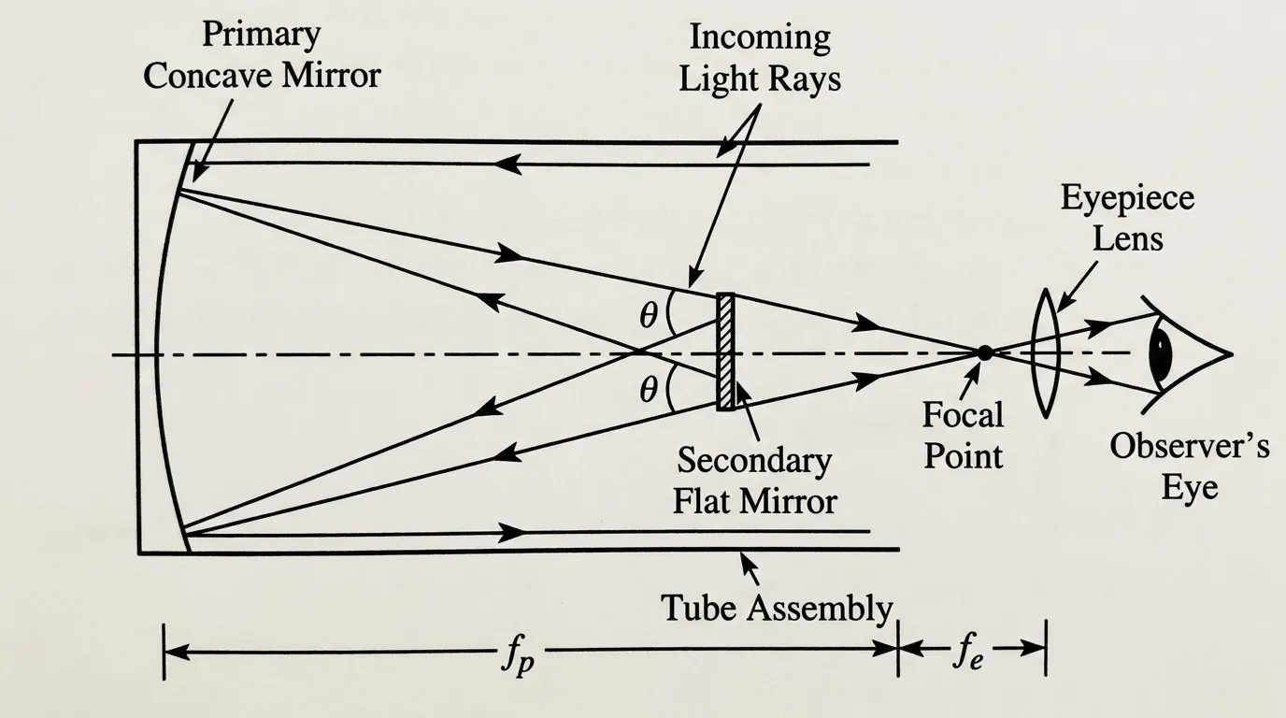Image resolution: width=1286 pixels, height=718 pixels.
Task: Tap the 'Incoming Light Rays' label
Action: pos(759,58)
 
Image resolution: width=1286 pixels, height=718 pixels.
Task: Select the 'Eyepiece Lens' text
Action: pos(1126,218)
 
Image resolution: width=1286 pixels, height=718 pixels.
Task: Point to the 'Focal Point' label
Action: pos(963,435)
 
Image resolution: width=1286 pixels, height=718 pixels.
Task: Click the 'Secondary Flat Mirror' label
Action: pos(755,481)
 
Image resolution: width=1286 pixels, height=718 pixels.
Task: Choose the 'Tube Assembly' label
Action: pos(777,608)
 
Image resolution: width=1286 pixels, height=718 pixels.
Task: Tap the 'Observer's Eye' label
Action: pos(1189,467)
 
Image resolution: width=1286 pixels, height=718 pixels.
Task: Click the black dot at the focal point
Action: pos(984,352)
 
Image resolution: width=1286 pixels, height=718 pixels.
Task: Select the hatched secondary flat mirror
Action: pos(725,352)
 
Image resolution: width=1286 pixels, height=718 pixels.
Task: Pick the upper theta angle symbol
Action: pos(649,316)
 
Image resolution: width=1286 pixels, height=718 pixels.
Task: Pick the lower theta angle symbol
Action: pos(649,389)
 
